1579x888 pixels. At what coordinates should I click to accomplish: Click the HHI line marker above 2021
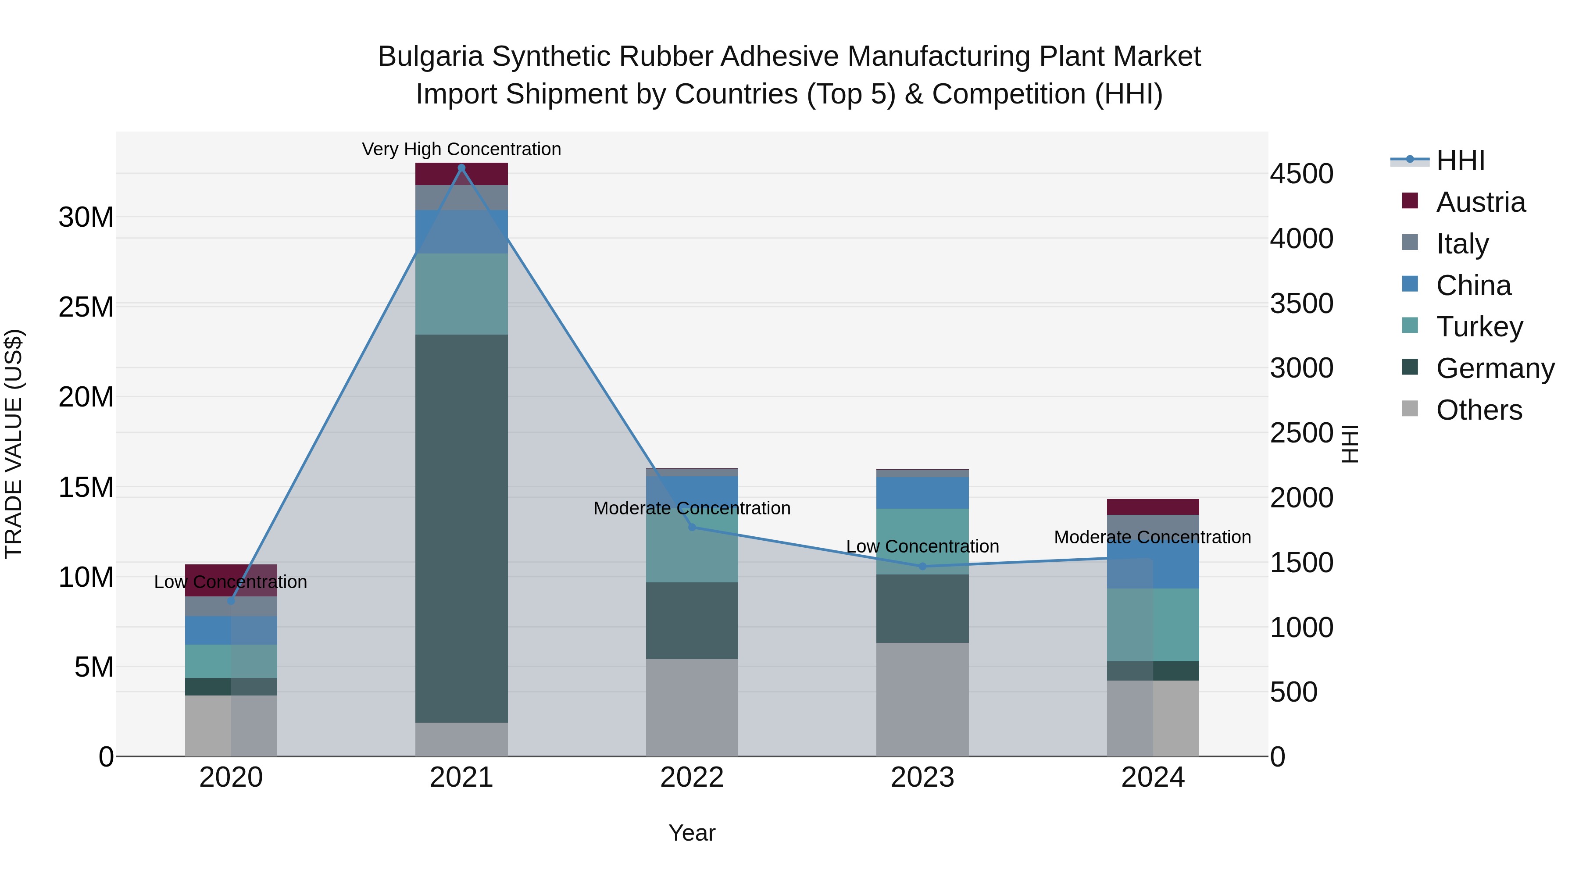[x=461, y=168]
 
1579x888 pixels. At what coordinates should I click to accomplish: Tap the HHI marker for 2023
[x=922, y=566]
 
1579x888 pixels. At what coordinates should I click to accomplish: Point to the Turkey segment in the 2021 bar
[x=461, y=294]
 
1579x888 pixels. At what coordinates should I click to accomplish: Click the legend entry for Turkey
[x=1479, y=327]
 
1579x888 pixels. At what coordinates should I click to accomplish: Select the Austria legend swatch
[x=1410, y=201]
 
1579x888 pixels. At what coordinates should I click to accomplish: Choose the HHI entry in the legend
[x=1460, y=160]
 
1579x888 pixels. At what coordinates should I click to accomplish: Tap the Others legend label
[x=1479, y=410]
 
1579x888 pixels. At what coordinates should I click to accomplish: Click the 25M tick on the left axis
[x=86, y=307]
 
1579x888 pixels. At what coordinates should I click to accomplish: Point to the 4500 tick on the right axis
[x=1301, y=174]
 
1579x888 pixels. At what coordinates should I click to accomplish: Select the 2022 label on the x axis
[x=692, y=777]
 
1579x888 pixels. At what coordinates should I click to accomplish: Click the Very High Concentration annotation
[x=461, y=149]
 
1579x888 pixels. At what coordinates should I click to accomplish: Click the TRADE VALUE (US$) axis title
[x=14, y=444]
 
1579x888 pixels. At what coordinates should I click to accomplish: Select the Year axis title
[x=692, y=833]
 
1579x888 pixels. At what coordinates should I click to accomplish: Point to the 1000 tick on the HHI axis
[x=1301, y=628]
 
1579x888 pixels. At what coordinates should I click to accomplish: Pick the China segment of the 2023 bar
[x=922, y=493]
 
